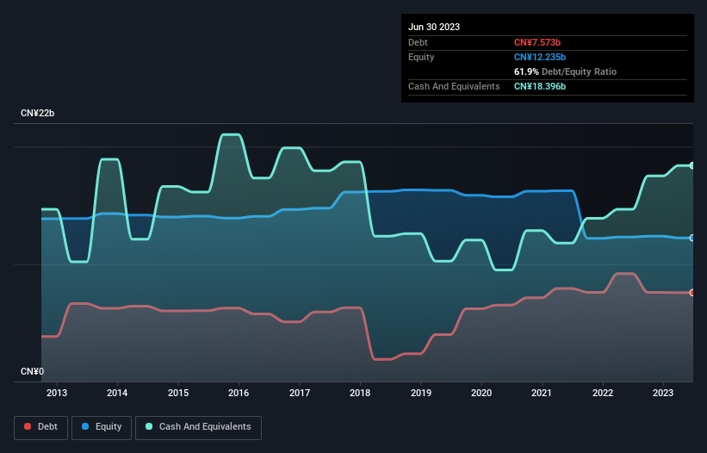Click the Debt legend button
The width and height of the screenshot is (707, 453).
click(40, 426)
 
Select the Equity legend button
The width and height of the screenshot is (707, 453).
click(102, 426)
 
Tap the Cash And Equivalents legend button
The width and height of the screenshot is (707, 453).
click(198, 426)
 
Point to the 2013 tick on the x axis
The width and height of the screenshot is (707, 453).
click(57, 394)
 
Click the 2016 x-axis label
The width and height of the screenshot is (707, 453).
click(239, 394)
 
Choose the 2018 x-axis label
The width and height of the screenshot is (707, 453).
click(360, 394)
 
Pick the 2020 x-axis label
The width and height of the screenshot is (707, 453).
click(481, 394)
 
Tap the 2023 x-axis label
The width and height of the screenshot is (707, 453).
click(663, 394)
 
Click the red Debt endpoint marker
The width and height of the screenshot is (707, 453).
click(692, 293)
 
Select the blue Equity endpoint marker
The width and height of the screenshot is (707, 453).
click(692, 238)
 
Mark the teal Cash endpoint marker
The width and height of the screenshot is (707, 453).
click(692, 165)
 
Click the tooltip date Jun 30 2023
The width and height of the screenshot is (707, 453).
click(434, 27)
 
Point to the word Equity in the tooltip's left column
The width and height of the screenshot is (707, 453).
click(421, 57)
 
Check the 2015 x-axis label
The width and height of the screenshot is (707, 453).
click(178, 394)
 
